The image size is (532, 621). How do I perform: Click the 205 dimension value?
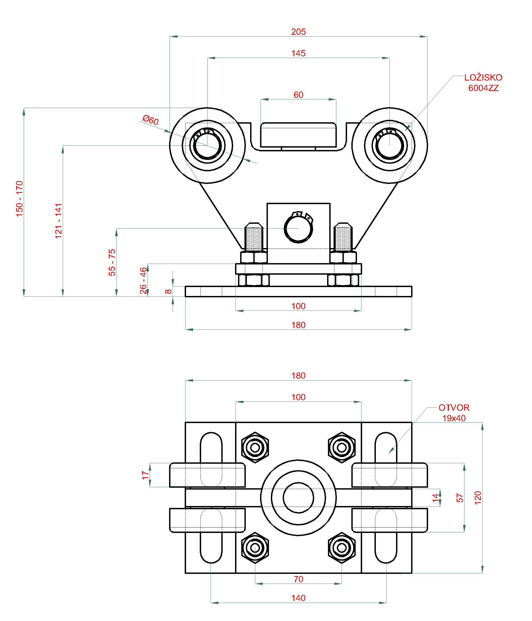pyautogui.click(x=298, y=32)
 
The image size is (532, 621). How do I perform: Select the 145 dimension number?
pyautogui.click(x=298, y=53)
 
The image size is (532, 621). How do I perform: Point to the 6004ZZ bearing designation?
pyautogui.click(x=483, y=88)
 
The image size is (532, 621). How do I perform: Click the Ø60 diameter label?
pyautogui.click(x=150, y=120)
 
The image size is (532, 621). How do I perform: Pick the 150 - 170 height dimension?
pyautogui.click(x=19, y=199)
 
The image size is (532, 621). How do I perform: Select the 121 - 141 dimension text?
pyautogui.click(x=58, y=221)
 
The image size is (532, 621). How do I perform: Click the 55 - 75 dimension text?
pyautogui.click(x=112, y=262)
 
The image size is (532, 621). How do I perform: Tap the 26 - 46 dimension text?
pyautogui.click(x=143, y=281)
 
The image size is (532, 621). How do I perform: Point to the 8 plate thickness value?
pyautogui.click(x=169, y=291)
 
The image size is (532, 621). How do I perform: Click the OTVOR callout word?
pyautogui.click(x=454, y=408)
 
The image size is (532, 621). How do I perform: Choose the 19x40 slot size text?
pyautogui.click(x=454, y=418)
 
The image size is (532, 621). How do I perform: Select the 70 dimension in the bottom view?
pyautogui.click(x=298, y=579)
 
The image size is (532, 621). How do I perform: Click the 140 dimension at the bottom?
pyautogui.click(x=298, y=598)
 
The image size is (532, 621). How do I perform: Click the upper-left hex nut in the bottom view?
pyautogui.click(x=255, y=448)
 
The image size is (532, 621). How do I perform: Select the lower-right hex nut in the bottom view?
pyautogui.click(x=341, y=548)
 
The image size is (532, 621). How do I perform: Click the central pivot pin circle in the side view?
pyautogui.click(x=298, y=229)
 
